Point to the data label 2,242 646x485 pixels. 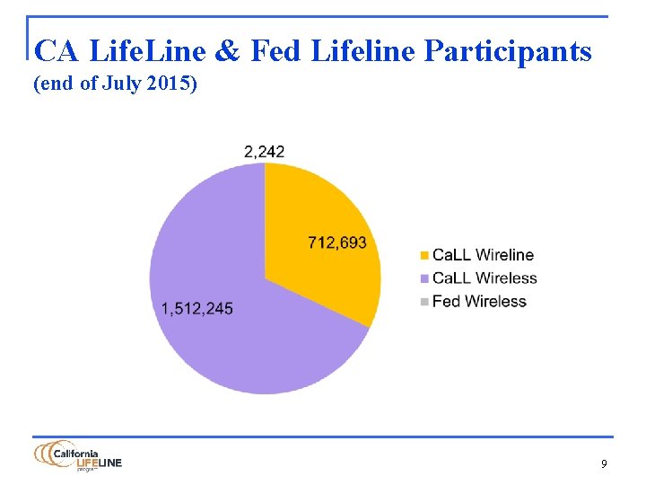pos(264,152)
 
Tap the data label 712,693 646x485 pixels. pos(336,243)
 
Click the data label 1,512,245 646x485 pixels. pos(196,308)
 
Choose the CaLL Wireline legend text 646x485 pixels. pos(483,255)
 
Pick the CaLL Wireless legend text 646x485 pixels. pos(484,278)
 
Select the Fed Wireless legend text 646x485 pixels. pos(479,302)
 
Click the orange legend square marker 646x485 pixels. pos(424,256)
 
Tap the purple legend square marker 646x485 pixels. pos(424,279)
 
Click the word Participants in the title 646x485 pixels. pos(507,52)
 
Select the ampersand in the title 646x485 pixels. pos(228,52)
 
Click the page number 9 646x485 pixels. pos(604,464)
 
